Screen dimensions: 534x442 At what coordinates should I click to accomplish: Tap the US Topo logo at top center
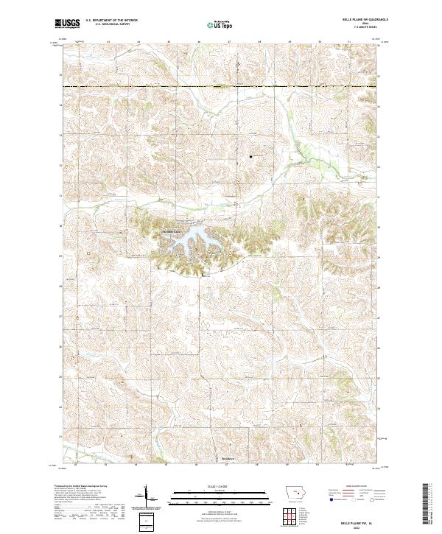coord(221,24)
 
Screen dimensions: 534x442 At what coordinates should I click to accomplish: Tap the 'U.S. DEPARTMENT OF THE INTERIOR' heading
coord(111,21)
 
